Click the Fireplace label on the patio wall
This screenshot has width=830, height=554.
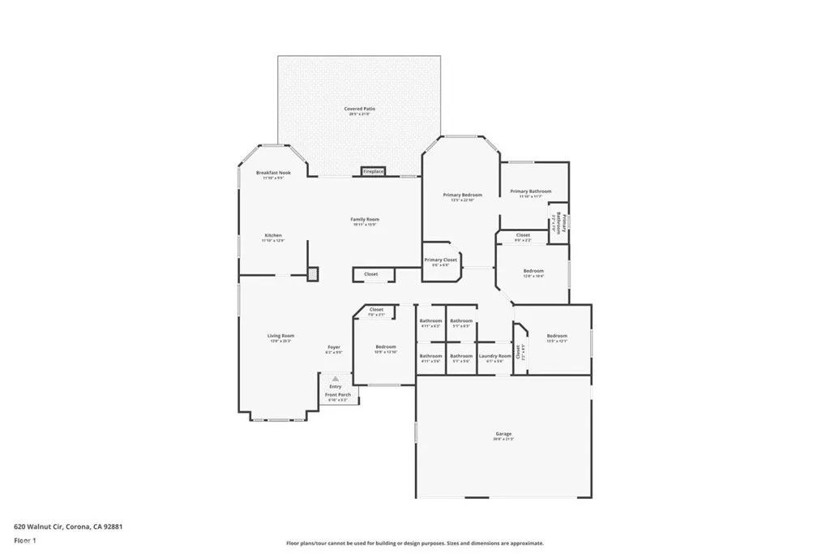[x=373, y=172]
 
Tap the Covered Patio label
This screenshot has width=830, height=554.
[x=359, y=109]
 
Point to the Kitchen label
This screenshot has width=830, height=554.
[x=272, y=235]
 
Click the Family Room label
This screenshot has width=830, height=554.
[x=365, y=219]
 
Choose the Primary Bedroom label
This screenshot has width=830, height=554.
[x=462, y=195]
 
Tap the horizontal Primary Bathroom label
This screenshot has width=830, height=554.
[x=530, y=191]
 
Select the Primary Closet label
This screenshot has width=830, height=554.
[x=441, y=260]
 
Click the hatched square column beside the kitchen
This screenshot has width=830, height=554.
[x=313, y=274]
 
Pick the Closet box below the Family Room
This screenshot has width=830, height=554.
[x=370, y=274]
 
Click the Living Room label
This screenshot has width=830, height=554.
[x=281, y=336]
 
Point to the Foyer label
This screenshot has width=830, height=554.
[x=334, y=347]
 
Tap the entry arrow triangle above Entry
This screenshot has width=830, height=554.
[x=335, y=379]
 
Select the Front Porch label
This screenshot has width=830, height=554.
[x=336, y=395]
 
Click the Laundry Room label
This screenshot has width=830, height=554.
[x=494, y=356]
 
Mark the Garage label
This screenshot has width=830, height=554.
[x=503, y=434]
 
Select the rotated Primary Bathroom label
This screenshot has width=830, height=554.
[x=557, y=221]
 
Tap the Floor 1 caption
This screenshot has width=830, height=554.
[x=25, y=539]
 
